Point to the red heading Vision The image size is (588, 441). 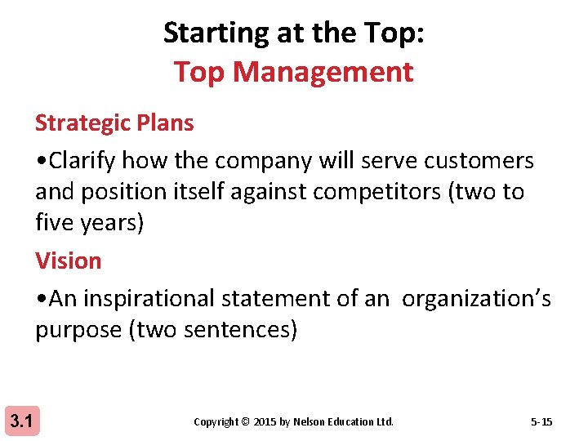click(69, 261)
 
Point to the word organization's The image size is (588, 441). click(476, 299)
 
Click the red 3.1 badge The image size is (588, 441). click(20, 422)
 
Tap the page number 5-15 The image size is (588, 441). click(541, 422)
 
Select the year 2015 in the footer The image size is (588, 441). click(265, 422)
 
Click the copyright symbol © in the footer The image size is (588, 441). click(245, 422)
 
